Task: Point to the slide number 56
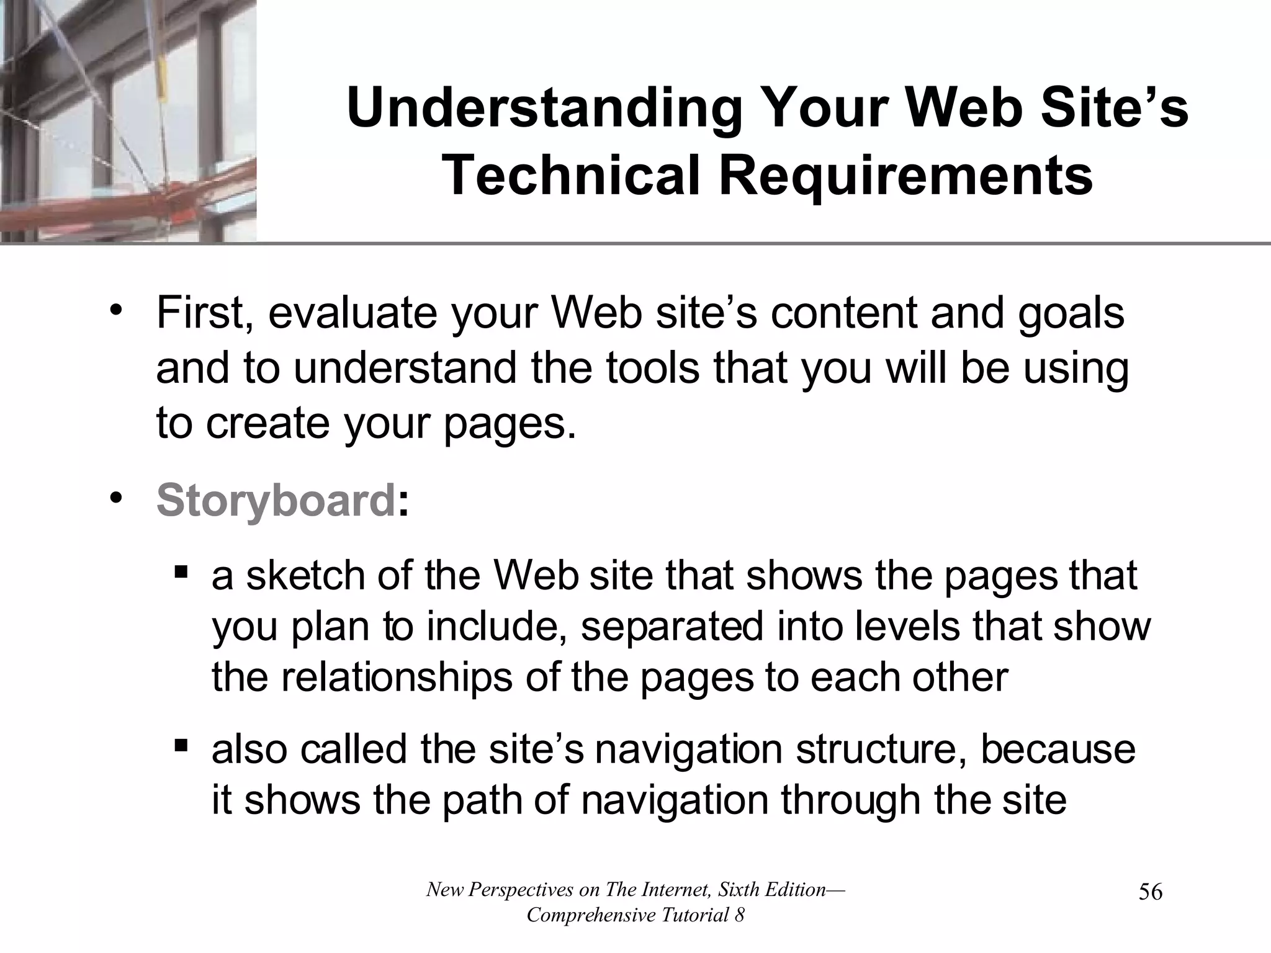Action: (1150, 893)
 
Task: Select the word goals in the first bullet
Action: (1071, 313)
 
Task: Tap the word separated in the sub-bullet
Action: (672, 627)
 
